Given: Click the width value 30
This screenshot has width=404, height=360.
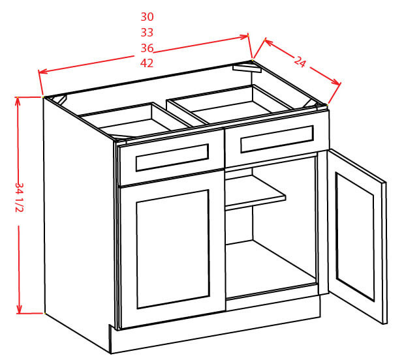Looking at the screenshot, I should coord(147,17).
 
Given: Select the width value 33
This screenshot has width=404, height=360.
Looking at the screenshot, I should coord(147,33).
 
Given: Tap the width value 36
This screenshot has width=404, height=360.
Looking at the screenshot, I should coord(147,48).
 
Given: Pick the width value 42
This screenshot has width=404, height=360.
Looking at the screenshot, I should coord(147,63).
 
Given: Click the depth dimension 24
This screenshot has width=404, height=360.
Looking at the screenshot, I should coord(300,62).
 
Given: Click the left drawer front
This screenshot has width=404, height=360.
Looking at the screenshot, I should coord(172,157).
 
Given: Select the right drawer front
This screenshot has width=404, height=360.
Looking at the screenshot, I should coord(277,139).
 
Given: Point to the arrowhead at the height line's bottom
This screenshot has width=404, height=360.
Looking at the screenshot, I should coord(20,309).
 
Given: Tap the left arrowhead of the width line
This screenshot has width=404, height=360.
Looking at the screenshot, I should coord(42,72).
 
